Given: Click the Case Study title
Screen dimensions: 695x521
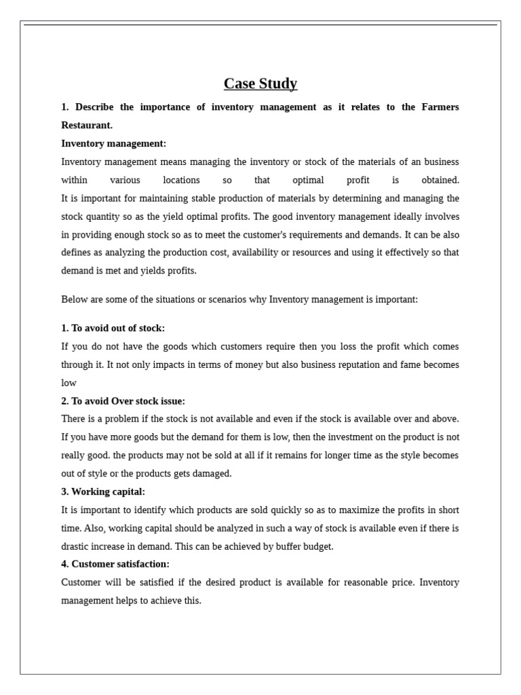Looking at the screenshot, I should click(x=260, y=83).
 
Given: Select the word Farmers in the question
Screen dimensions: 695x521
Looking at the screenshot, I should click(x=440, y=107).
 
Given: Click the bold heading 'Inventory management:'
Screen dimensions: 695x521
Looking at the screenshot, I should click(x=113, y=144).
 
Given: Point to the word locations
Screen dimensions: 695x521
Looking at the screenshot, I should click(x=181, y=181).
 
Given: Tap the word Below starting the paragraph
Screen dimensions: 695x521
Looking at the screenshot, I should click(x=74, y=299).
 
